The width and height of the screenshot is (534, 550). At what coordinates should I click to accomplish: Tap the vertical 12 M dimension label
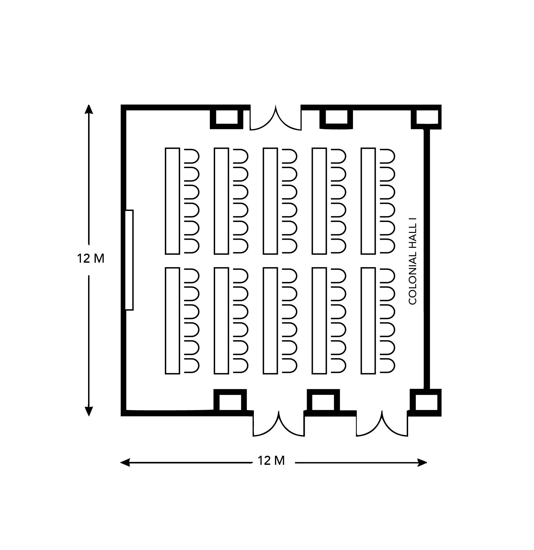click(91, 259)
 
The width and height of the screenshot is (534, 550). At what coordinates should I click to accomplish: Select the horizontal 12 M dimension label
click(271, 460)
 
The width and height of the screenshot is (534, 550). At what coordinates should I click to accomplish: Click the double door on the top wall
click(276, 119)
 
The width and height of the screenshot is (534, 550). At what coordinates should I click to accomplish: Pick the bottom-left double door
click(278, 424)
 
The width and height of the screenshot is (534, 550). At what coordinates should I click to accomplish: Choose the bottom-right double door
click(382, 424)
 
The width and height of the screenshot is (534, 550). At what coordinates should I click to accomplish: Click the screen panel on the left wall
click(129, 260)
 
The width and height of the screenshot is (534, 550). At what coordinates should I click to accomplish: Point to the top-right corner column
click(426, 117)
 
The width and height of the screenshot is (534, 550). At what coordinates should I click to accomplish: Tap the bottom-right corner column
click(426, 402)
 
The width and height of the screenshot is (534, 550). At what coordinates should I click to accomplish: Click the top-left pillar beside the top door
click(226, 117)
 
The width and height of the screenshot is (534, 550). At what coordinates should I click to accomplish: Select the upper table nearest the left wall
click(172, 201)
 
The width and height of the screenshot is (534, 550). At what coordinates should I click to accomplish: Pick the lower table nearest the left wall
click(172, 321)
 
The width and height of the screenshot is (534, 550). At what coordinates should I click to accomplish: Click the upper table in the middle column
click(270, 201)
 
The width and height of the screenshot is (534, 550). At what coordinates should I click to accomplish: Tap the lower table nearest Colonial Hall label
click(368, 321)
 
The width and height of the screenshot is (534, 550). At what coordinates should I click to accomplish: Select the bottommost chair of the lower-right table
click(388, 365)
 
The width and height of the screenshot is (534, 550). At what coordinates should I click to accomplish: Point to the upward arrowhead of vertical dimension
click(89, 109)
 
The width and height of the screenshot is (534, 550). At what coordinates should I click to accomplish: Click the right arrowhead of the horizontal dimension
click(422, 463)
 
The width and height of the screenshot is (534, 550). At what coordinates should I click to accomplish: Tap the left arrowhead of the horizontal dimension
click(125, 463)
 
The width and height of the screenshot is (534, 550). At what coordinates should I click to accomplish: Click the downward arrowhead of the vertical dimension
click(89, 411)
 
